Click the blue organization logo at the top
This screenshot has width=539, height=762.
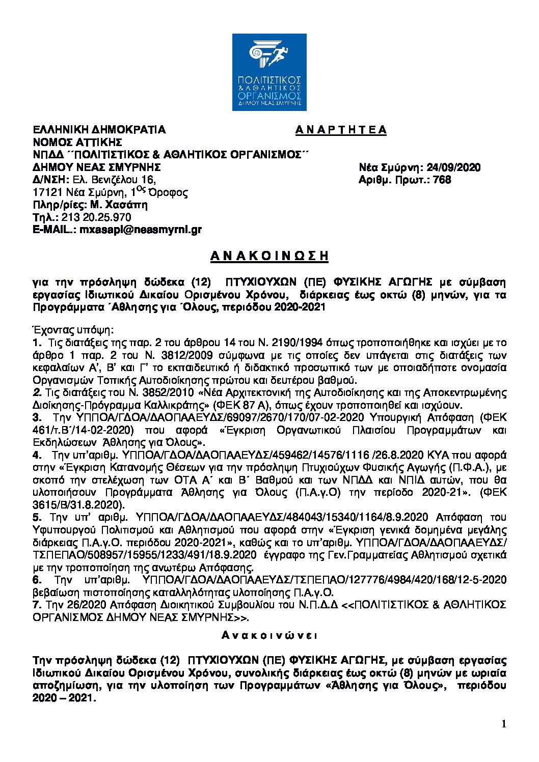pos(269,72)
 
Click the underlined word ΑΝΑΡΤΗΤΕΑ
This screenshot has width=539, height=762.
pos(341,130)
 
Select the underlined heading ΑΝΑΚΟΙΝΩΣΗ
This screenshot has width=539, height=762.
pos(269,256)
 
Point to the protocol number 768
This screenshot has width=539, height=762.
pos(442,180)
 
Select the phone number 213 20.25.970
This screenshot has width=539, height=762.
pos(96,217)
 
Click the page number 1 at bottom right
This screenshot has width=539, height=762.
pos(504,724)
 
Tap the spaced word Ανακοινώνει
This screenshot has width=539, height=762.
pos(269,635)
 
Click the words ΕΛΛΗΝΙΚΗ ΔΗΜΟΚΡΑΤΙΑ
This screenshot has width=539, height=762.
pos(99,130)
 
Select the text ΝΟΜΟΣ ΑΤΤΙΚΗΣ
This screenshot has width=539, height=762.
pos(77,142)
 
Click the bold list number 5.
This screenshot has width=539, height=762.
pos(36,517)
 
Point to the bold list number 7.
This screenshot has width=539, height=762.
pos(36,605)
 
